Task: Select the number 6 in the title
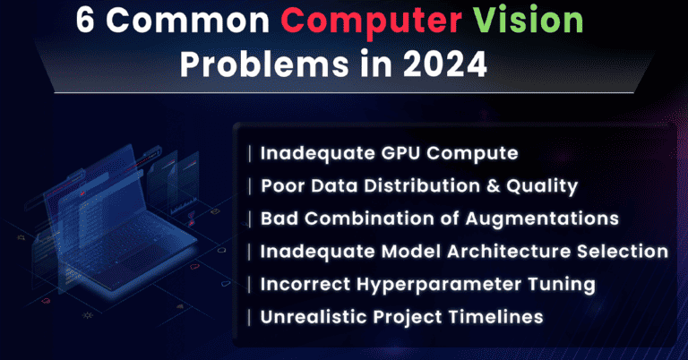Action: tap(86, 23)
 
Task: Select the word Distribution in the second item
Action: tap(416, 186)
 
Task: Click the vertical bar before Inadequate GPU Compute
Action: tap(250, 153)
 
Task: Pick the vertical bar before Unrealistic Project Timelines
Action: tap(250, 317)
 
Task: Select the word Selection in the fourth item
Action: tap(627, 252)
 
